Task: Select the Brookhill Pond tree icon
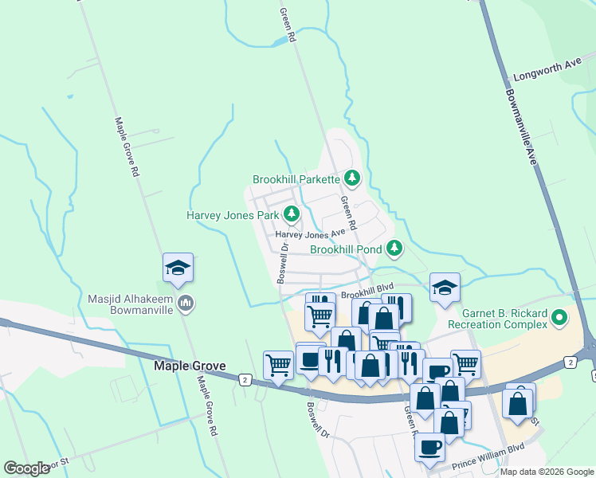(x=394, y=249)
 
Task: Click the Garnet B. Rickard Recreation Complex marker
(x=559, y=319)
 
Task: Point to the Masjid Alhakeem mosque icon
(x=186, y=303)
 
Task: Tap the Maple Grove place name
(x=189, y=366)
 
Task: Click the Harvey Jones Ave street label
(x=310, y=234)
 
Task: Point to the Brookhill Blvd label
(x=367, y=294)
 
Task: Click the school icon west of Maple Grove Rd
(x=178, y=268)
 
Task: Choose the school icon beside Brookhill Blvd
(x=445, y=288)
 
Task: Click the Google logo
(x=26, y=468)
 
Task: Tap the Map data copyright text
(x=546, y=472)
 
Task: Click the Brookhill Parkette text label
(x=296, y=179)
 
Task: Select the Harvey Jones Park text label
(x=233, y=215)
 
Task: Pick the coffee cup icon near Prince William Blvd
(x=430, y=448)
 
